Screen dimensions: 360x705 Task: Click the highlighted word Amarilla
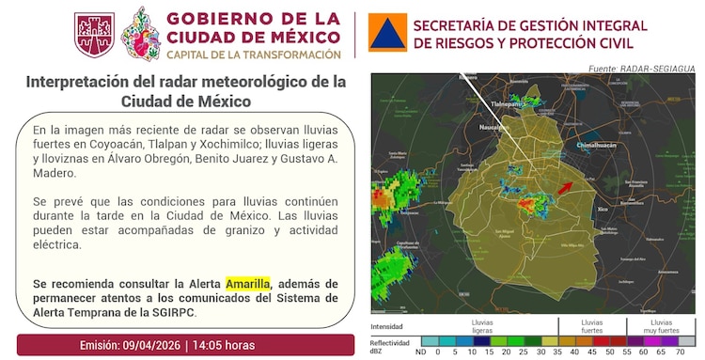(248, 283)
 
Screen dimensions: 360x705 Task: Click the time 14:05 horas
(226, 344)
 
